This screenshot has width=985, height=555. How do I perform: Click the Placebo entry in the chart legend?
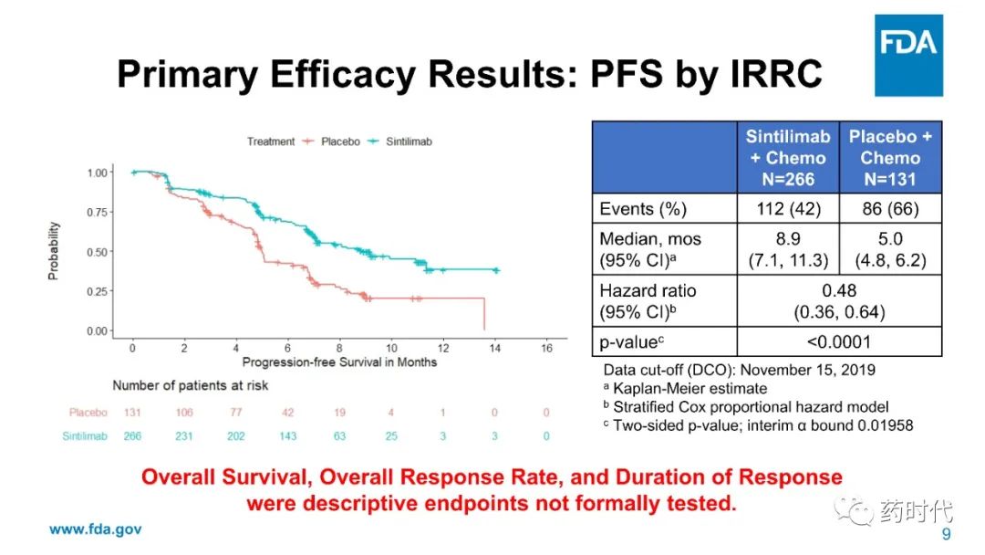coord(340,141)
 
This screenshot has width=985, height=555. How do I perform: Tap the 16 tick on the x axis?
coord(546,348)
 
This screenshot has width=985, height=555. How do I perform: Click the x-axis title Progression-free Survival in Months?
coord(339,362)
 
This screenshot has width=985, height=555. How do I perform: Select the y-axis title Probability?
coord(54,250)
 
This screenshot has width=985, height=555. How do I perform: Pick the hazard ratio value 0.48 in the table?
coord(839,291)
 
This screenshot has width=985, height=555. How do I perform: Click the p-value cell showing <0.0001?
coord(839,342)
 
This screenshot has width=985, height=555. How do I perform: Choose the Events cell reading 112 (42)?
coord(788,209)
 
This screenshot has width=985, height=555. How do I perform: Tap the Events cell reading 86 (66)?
coord(890,209)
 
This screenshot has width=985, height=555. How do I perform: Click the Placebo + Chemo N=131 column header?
coord(890,157)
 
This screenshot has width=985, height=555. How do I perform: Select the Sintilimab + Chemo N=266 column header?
coord(788,157)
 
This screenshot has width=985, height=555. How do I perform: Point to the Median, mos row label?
coord(650,238)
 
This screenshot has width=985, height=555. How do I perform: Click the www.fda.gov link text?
coord(95,529)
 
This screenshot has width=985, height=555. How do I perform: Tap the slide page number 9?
coord(946,534)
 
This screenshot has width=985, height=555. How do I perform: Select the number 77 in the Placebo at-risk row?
coord(235,413)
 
